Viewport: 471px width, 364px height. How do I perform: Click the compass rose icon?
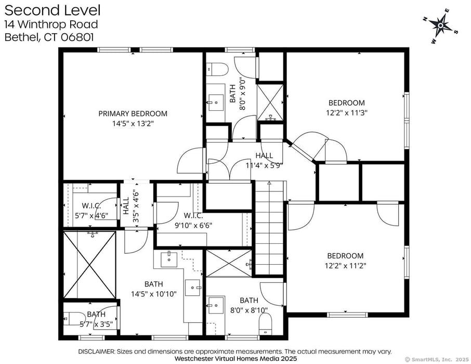tap(441, 24)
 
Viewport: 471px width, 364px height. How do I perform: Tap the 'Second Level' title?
tap(53, 10)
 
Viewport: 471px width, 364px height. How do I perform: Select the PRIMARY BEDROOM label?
tap(133, 113)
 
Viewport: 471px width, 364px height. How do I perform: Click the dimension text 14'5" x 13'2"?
tap(133, 124)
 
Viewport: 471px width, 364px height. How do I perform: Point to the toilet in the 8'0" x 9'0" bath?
tap(217, 70)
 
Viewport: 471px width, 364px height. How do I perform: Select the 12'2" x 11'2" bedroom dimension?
tap(345, 265)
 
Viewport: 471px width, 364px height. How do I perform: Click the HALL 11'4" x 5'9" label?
tap(264, 161)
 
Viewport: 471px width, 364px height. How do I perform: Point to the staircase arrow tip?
tap(269, 183)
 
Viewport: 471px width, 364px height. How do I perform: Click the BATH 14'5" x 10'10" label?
tap(153, 289)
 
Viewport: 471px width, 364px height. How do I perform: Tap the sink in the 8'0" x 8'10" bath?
tap(215, 304)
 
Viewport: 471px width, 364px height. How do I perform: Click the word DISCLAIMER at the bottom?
tap(96, 352)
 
